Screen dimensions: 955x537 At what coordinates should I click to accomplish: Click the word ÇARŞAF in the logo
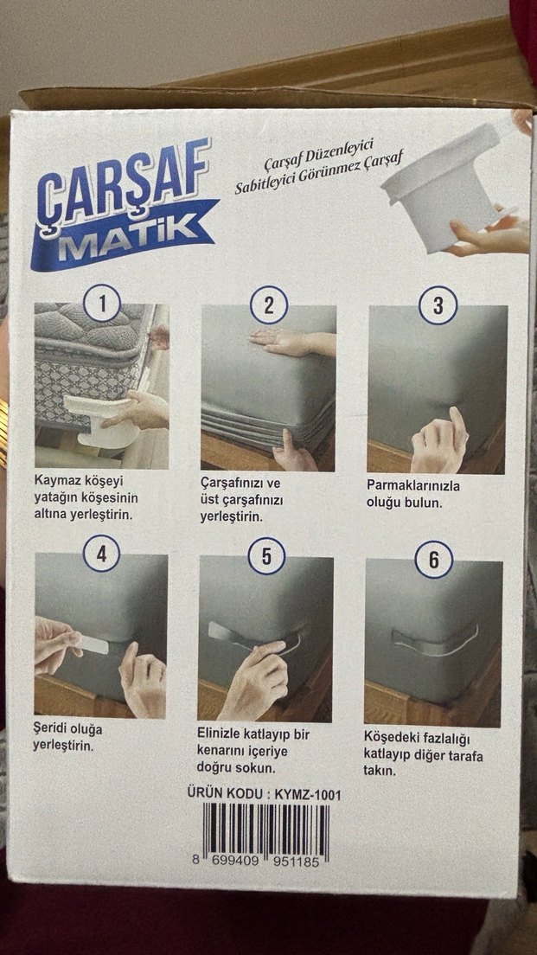pyautogui.click(x=121, y=184)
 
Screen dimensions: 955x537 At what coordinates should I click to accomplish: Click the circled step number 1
pyautogui.click(x=104, y=304)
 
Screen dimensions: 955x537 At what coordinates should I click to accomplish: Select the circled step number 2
pyautogui.click(x=269, y=304)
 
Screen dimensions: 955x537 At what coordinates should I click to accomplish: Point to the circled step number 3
pyautogui.click(x=437, y=304)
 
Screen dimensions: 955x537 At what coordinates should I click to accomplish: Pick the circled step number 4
pyautogui.click(x=101, y=554)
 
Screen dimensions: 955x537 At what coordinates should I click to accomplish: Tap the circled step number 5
pyautogui.click(x=265, y=556)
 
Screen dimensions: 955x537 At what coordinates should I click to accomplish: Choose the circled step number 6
pyautogui.click(x=433, y=561)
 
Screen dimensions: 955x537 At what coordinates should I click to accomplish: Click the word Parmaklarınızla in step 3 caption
pyautogui.click(x=413, y=485)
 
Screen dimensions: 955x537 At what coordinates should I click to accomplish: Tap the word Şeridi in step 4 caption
pyautogui.click(x=54, y=728)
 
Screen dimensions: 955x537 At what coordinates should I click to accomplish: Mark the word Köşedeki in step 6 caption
pyautogui.click(x=393, y=738)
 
